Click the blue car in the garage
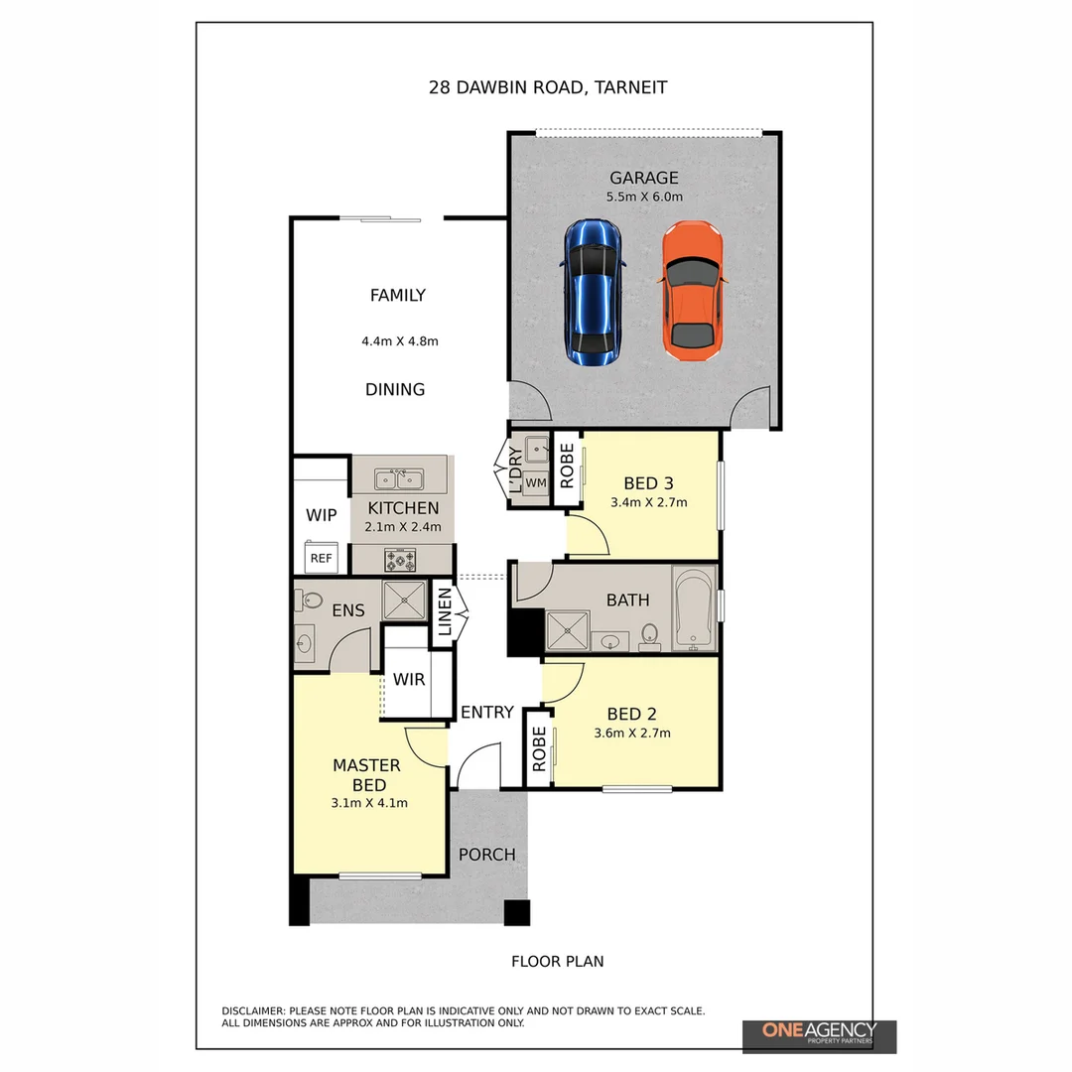pyautogui.click(x=594, y=293)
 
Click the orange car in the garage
pyautogui.click(x=692, y=291)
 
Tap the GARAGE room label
pyautogui.click(x=644, y=178)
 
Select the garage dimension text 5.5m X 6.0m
pyautogui.click(x=644, y=197)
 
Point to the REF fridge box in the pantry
pyautogui.click(x=321, y=558)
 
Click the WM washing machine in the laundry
pyautogui.click(x=536, y=482)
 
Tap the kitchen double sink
pyautogui.click(x=399, y=479)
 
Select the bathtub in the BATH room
pyautogui.click(x=693, y=608)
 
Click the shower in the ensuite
pyautogui.click(x=404, y=601)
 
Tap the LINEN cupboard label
pyautogui.click(x=445, y=612)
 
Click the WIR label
pyautogui.click(x=409, y=680)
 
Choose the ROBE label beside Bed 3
pyautogui.click(x=567, y=467)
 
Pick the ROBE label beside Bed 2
pyautogui.click(x=539, y=749)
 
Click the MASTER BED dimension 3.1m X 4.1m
pyautogui.click(x=369, y=803)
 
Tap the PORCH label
pyautogui.click(x=486, y=855)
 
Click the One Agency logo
pyautogui.click(x=819, y=1036)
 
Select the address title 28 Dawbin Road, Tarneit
pyautogui.click(x=548, y=87)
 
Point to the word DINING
pyautogui.click(x=395, y=390)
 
